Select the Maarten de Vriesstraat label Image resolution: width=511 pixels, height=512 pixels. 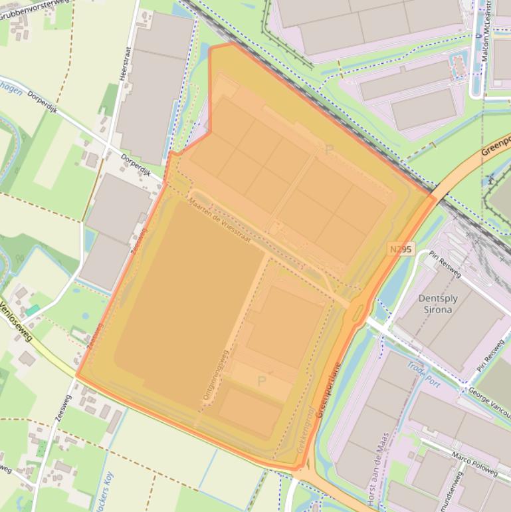coord(219,219)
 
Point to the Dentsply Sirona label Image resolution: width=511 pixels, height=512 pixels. coord(436,304)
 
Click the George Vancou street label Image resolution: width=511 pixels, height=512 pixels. coord(489,398)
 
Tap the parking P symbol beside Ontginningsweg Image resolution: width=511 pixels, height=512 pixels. coord(261,381)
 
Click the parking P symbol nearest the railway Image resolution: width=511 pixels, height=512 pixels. coord(328,150)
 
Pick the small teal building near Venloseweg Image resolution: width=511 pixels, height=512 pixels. coord(32,311)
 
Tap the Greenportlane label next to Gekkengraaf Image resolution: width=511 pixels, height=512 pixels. coord(328,390)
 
